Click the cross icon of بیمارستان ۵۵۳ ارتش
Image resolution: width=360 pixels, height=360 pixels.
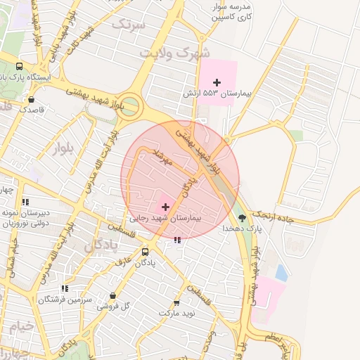tap(217, 83)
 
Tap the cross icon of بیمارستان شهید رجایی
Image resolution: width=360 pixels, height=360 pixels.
tap(165, 207)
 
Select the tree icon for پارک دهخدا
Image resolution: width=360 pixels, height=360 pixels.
tap(243, 218)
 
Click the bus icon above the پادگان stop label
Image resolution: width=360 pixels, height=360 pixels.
tap(145, 252)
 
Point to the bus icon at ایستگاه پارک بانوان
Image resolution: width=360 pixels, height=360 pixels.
tap(20, 65)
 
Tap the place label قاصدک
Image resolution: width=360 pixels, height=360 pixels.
tap(31, 109)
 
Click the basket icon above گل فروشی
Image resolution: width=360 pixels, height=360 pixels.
tap(112, 296)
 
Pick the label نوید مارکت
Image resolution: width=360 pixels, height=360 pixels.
tap(180, 311)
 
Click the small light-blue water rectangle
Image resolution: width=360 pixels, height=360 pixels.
tap(281, 272)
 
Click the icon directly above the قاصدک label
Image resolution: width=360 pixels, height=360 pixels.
tap(31, 99)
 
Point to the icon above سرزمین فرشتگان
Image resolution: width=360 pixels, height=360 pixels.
tap(65, 288)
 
